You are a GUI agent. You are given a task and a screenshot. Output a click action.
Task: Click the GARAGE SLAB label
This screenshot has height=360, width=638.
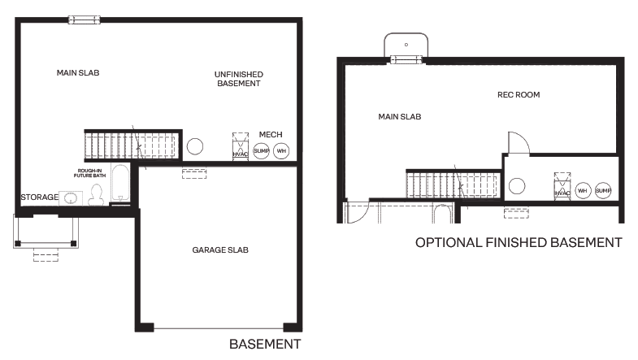220,249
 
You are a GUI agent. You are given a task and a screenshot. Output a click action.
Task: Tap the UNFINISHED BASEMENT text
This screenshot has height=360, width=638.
238,79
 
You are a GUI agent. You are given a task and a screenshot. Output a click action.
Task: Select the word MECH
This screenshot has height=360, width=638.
270,134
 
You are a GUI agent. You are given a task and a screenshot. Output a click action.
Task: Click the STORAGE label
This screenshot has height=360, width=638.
39,197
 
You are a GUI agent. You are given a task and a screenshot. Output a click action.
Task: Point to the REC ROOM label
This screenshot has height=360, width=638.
519,95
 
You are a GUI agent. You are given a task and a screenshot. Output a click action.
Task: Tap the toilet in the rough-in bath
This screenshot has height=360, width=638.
96,194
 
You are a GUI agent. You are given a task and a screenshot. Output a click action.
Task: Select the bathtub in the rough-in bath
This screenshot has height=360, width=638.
120,184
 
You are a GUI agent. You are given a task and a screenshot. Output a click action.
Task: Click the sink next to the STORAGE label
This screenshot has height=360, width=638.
71,197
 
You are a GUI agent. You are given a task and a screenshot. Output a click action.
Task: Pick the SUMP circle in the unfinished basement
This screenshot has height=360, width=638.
261,151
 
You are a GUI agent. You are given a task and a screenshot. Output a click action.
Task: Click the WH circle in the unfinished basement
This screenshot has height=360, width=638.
281,151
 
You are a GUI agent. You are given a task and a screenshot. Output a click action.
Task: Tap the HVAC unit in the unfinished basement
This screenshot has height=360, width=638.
240,146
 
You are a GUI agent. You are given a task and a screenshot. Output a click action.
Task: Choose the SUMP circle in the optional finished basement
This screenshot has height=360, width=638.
602,190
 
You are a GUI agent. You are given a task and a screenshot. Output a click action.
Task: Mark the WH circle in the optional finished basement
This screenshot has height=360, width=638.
582,190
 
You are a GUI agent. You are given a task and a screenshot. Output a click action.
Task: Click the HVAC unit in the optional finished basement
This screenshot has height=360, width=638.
562,185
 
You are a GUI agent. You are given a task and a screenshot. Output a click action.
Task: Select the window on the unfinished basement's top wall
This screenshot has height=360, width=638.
84,20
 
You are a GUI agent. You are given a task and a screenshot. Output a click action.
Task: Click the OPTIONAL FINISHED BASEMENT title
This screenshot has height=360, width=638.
519,242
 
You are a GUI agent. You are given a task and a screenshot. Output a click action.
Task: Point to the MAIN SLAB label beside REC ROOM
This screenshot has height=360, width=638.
400,117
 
